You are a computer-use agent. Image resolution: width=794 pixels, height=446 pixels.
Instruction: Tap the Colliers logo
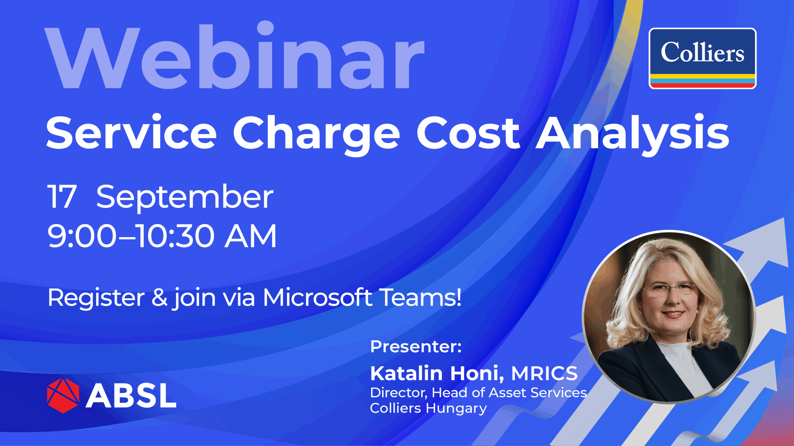tap(703, 59)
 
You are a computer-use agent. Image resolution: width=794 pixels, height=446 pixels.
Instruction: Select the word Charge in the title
tap(316, 135)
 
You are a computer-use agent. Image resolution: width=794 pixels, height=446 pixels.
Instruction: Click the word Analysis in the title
tap(633, 135)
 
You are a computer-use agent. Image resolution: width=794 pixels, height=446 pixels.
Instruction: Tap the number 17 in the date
tap(61, 196)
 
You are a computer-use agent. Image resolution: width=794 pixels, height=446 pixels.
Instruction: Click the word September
tap(185, 198)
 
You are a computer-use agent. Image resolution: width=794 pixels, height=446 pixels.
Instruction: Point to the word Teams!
tap(421, 297)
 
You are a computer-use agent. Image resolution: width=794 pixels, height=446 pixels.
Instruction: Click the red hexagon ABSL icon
tap(63, 396)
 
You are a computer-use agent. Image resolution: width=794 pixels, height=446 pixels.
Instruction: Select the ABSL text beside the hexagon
tap(131, 396)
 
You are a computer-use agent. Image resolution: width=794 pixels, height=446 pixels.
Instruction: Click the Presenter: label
tap(416, 347)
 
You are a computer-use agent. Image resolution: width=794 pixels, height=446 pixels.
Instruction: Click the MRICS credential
tap(544, 373)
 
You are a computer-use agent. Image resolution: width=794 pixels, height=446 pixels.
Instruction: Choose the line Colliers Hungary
tap(428, 409)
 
